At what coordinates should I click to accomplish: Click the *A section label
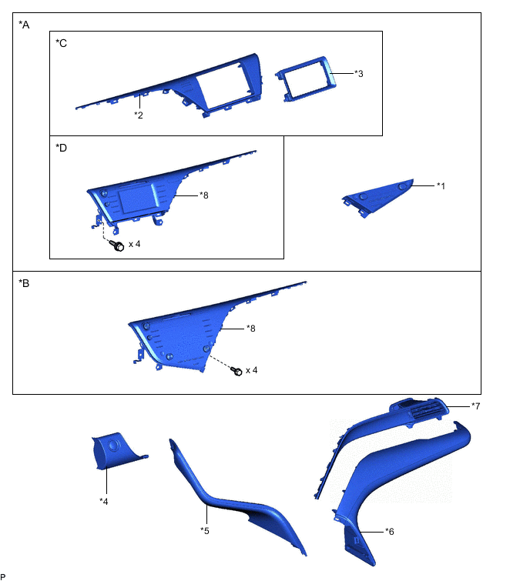(x=24, y=25)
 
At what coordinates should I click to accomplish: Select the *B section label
(x=24, y=283)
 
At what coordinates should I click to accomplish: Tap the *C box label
(x=61, y=43)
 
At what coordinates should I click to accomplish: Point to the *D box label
(x=61, y=148)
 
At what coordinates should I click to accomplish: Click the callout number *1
(x=441, y=185)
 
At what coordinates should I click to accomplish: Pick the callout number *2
(x=139, y=115)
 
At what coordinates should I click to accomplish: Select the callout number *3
(x=359, y=73)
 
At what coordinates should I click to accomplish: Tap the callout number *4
(x=104, y=501)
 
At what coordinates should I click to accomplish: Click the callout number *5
(x=205, y=531)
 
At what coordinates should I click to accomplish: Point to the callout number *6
(x=390, y=532)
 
